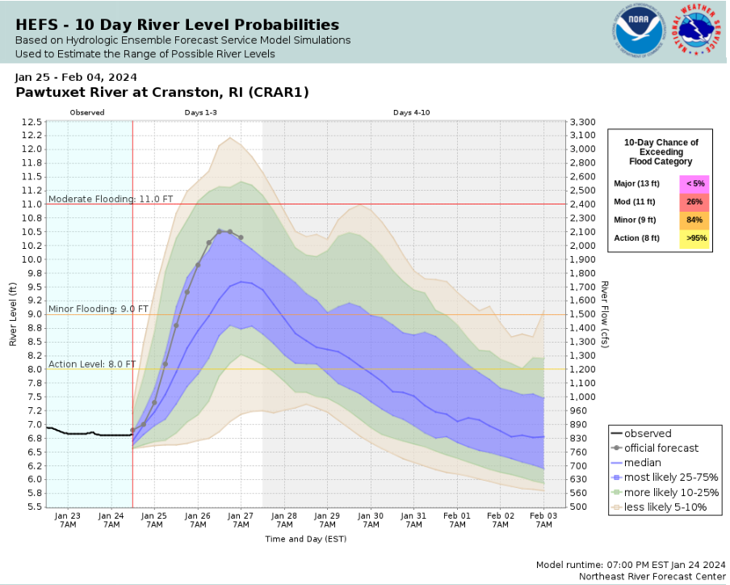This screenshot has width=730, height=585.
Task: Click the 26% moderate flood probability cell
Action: click(694, 202)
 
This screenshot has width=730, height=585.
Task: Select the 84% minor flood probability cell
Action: click(694, 220)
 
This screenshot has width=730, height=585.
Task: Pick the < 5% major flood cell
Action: click(694, 184)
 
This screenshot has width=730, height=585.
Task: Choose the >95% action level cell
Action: click(694, 238)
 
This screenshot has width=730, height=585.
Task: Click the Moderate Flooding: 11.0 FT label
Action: click(111, 198)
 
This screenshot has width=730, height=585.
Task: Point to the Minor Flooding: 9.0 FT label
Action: click(99, 309)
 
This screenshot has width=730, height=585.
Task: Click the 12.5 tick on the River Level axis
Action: click(31, 122)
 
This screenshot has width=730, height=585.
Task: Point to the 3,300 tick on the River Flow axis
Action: click(582, 122)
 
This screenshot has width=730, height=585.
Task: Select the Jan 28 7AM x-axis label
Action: click(284, 520)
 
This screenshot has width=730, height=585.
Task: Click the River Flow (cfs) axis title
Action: click(604, 314)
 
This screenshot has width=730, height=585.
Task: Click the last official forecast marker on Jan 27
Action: click(241, 238)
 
